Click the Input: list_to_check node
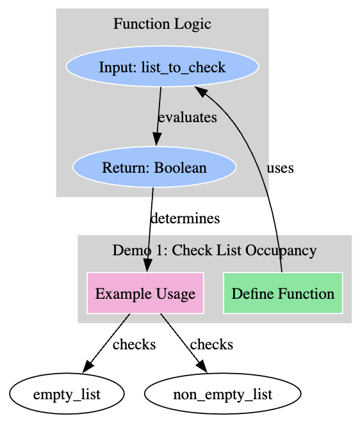point(163,67)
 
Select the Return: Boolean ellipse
point(154,167)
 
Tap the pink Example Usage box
point(145,293)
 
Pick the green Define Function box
point(283,293)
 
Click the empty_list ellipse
point(67,393)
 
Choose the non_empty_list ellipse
point(223,393)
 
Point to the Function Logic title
point(162,24)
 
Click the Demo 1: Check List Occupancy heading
point(215,250)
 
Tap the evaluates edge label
point(188,117)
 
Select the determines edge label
point(185,218)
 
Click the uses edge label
point(280,168)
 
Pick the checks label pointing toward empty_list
point(134,344)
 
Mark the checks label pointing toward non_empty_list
point(211,344)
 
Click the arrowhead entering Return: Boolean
point(157,139)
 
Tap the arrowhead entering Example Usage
point(147,266)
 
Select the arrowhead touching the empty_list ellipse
point(88,367)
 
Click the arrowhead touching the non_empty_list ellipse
point(202,367)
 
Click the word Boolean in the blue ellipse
point(181,168)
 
